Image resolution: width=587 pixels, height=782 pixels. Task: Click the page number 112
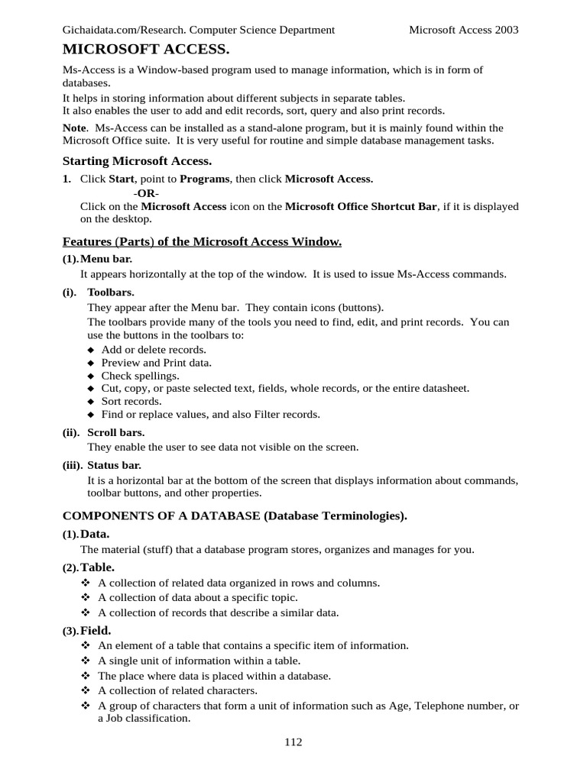click(x=293, y=742)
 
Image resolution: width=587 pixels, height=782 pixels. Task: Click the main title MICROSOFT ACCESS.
click(x=145, y=50)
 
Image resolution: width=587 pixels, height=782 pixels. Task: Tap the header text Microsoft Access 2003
click(x=463, y=30)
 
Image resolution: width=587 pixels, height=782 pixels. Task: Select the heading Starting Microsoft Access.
click(x=137, y=160)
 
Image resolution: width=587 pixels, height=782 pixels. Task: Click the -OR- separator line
click(x=147, y=192)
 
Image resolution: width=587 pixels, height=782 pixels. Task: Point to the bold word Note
click(x=74, y=128)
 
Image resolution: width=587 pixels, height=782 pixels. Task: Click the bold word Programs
click(x=205, y=179)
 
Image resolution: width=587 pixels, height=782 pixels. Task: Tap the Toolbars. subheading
click(x=111, y=292)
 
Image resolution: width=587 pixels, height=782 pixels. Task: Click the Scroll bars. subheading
click(x=115, y=432)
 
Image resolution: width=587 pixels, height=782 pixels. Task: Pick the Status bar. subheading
click(x=114, y=465)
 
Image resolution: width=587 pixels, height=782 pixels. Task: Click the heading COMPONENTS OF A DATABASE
click(x=161, y=516)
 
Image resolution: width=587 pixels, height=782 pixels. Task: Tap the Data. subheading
click(x=96, y=534)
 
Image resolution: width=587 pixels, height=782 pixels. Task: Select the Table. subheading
click(x=97, y=567)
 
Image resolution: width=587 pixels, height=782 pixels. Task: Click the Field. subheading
click(x=96, y=630)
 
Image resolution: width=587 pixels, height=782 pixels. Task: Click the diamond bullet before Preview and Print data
click(x=91, y=364)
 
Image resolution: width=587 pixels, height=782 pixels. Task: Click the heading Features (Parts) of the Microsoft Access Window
click(x=202, y=242)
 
